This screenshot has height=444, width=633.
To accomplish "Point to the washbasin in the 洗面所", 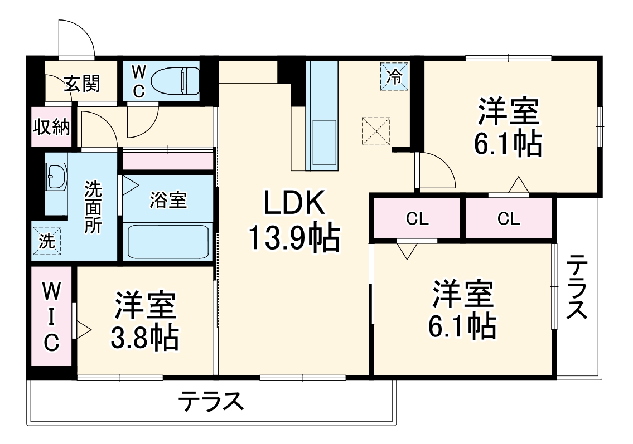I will coord(56,177).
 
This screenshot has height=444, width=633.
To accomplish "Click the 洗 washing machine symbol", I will coord(47,241).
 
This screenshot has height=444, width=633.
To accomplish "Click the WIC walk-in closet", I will coord(51,316).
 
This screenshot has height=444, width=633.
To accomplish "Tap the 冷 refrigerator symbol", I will coord(394,76).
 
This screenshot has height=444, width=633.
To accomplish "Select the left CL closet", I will coord(417,219).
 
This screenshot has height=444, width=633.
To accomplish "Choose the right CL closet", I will coord(508,219).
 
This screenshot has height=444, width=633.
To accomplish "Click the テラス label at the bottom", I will coord(212,401).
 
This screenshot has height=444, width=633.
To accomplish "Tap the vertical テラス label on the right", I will coord(577,287).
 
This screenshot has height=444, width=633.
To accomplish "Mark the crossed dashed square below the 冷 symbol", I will coord(376,131).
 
